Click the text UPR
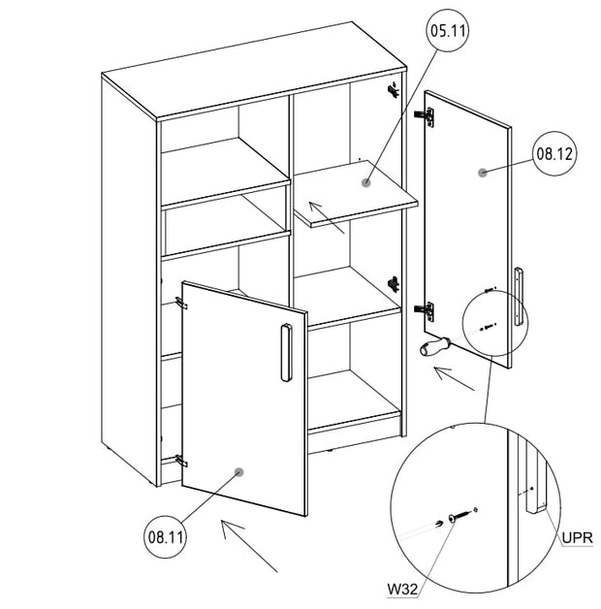pos(578,536)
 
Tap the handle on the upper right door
pos(520,295)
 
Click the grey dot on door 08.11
pos(238,472)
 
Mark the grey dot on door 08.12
pos(482,172)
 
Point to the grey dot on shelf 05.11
pos(365,181)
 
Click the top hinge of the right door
pos(425,115)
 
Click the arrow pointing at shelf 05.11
pos(326,217)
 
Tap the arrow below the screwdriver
pos(453,378)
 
